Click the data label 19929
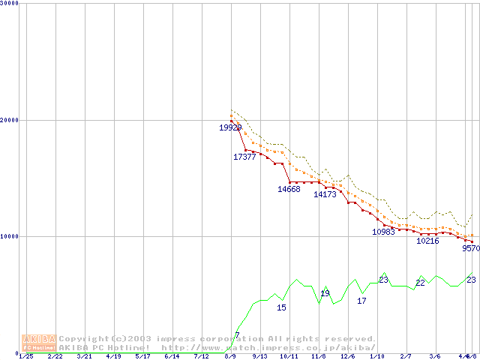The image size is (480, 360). click(x=230, y=127)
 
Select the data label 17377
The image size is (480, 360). click(x=244, y=157)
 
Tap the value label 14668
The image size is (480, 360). click(x=289, y=189)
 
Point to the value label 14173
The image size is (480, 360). click(x=325, y=194)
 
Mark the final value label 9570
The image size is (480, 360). click(x=470, y=248)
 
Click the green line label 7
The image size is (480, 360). click(x=237, y=335)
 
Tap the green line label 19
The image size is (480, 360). click(x=325, y=293)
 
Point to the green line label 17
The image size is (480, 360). click(x=361, y=301)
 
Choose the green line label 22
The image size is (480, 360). click(x=420, y=283)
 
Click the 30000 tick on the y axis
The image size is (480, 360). click(x=10, y=3)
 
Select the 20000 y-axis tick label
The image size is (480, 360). click(x=10, y=120)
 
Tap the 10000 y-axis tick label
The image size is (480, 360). click(x=10, y=236)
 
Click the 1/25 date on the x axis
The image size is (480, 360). click(x=25, y=356)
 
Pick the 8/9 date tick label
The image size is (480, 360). click(x=230, y=356)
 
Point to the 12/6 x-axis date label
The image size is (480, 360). click(x=347, y=356)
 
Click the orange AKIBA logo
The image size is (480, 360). click(x=38, y=342)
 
